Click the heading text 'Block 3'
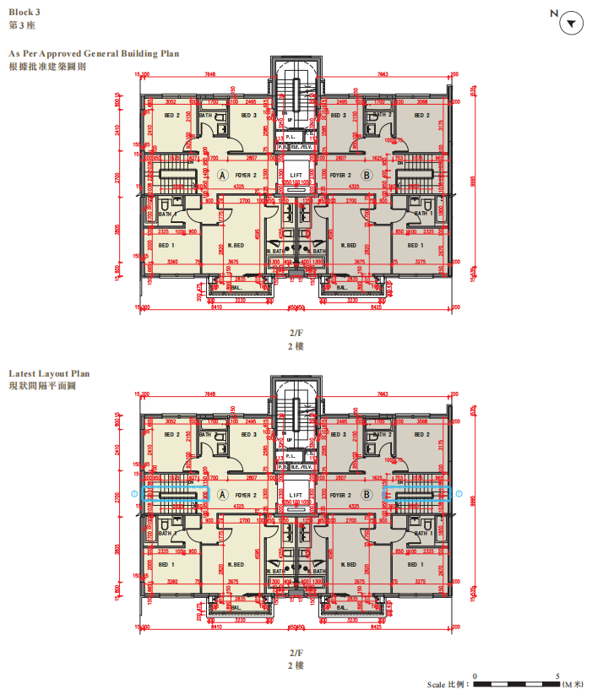coord(24,13)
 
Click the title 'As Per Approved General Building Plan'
coord(94,53)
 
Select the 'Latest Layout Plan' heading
coord(49,373)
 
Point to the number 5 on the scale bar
coord(559,676)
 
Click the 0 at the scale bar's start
coord(475,676)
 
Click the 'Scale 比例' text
coord(446,685)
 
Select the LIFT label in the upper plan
coord(296,174)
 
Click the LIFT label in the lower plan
coord(296,496)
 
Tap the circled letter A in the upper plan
coord(223,175)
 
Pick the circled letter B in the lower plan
coord(367,496)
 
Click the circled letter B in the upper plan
coord(367,175)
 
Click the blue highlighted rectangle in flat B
coord(416,497)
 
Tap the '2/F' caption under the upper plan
coord(296,334)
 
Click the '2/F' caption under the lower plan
coord(296,653)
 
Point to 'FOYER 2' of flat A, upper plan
coord(247,175)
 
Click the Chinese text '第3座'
coord(21,26)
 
